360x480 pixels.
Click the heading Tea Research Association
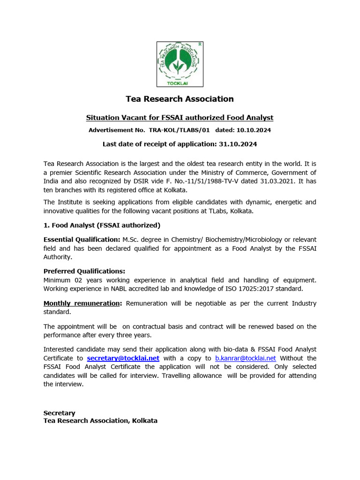180,99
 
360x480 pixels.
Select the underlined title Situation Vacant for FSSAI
180,118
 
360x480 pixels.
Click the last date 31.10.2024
238,144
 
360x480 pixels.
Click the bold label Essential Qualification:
82,239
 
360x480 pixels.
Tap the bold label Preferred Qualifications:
84,271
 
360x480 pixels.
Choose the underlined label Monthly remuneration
82,303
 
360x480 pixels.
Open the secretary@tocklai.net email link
123,358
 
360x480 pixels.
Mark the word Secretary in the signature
59,413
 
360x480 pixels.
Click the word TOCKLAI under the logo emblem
180,83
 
